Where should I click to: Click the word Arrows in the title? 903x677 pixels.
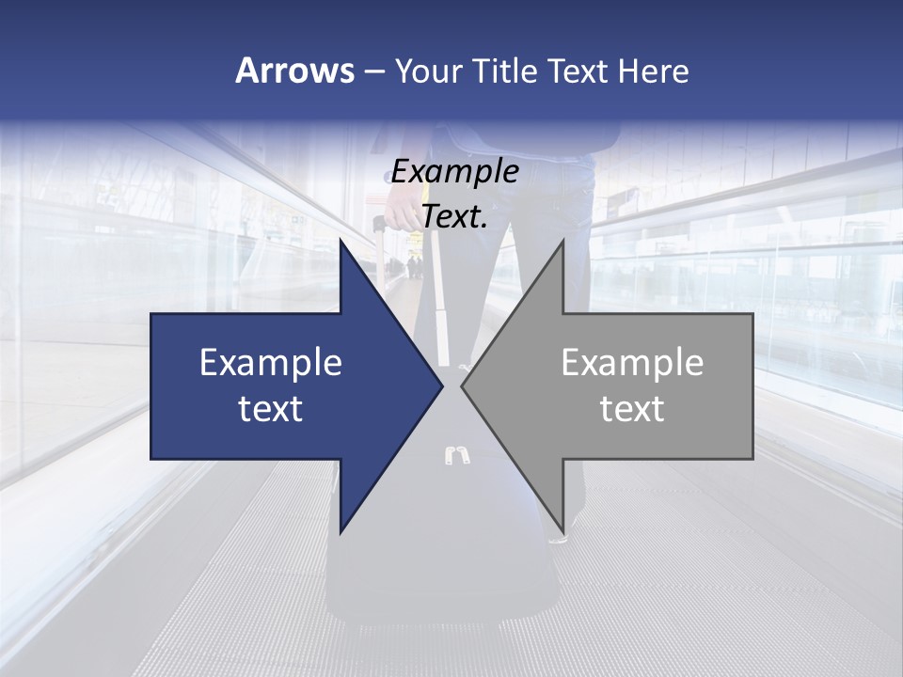tap(293, 71)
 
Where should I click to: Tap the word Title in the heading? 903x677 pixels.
tap(505, 71)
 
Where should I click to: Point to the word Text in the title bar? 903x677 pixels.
tap(578, 71)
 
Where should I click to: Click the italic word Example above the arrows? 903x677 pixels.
tap(455, 171)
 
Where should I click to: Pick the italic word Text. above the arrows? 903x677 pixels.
tap(455, 216)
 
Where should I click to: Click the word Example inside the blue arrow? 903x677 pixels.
tap(271, 363)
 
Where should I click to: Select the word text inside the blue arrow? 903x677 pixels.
tap(271, 409)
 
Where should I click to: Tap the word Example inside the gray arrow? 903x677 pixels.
tap(632, 363)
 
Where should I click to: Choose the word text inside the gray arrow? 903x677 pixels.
tap(632, 409)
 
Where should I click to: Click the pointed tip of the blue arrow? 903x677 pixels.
tap(442, 386)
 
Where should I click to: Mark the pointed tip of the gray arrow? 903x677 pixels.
tap(462, 386)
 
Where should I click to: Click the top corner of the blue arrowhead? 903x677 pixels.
tap(341, 240)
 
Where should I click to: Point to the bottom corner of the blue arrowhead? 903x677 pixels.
tap(341, 532)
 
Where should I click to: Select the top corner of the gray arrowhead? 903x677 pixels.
tap(562, 240)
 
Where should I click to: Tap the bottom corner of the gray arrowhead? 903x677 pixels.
tap(562, 532)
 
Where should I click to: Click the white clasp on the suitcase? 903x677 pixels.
tap(455, 456)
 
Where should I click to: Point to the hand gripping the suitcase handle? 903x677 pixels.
tap(400, 213)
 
